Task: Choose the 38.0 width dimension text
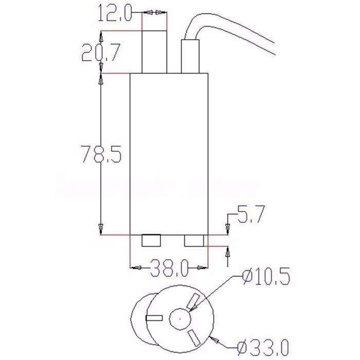point(169,267)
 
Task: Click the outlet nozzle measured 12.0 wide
point(154,53)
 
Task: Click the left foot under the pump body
point(151,241)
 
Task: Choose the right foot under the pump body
point(194,241)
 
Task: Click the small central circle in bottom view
point(179,319)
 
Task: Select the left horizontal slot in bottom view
point(154,319)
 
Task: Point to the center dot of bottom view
point(179,319)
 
